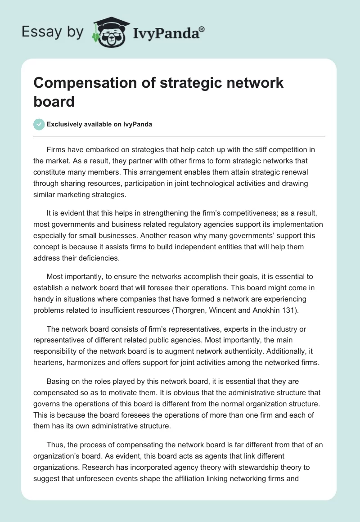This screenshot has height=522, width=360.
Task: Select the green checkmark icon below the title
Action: coord(39,124)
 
